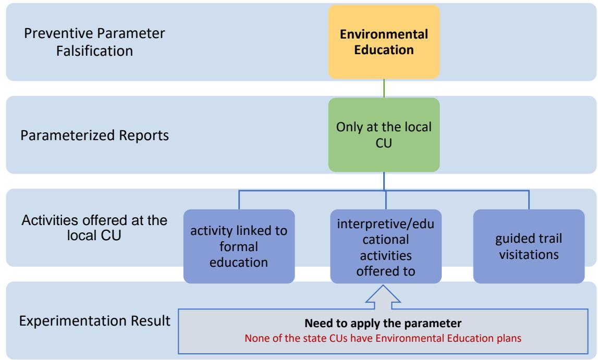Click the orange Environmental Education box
(x=384, y=43)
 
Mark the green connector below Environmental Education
(x=385, y=88)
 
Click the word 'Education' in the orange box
(x=384, y=51)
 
